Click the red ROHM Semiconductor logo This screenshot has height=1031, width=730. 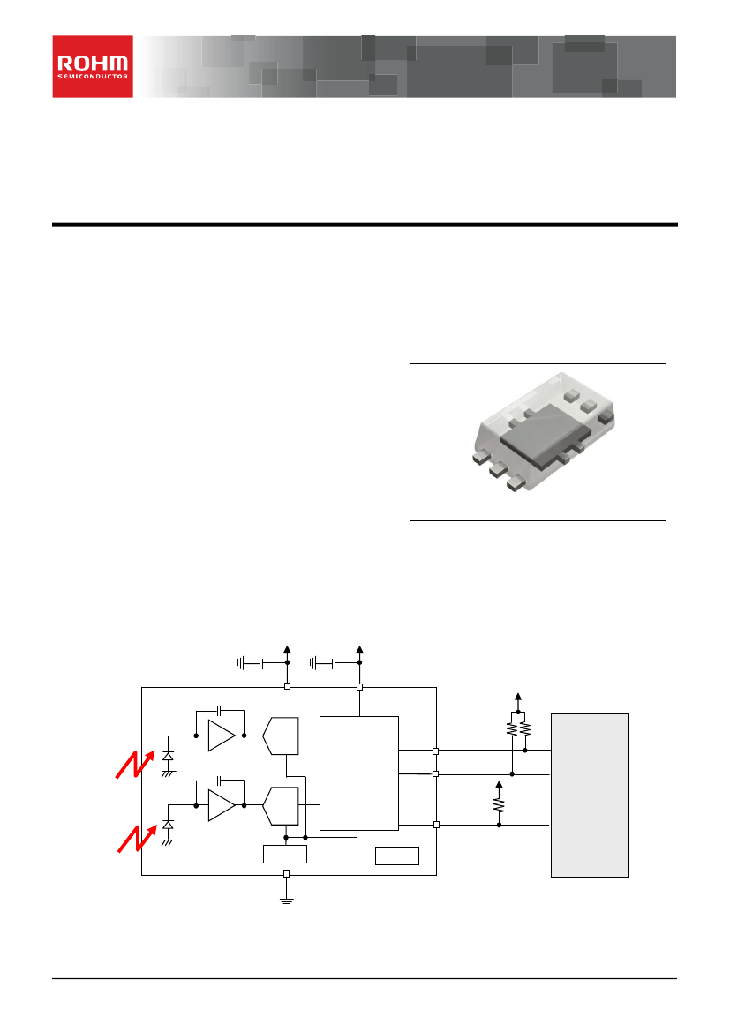coord(93,66)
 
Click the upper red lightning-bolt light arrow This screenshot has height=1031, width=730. coord(136,764)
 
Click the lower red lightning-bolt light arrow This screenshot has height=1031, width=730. coord(137,839)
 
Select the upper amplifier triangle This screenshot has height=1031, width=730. coord(222,736)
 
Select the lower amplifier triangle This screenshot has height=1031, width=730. coord(222,805)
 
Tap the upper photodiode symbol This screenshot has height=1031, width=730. coord(168,757)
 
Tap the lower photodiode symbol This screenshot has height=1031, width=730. coord(168,825)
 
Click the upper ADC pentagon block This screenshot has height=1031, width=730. coord(281,736)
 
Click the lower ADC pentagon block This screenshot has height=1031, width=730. coord(281,806)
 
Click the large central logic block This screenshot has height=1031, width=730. coord(358,773)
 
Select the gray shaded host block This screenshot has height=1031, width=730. coord(590,795)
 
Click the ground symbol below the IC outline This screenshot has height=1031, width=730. coord(286,900)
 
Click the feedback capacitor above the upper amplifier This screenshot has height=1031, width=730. coord(220,711)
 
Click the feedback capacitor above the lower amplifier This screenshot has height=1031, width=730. coord(220,781)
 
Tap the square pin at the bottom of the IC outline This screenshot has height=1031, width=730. coord(286,874)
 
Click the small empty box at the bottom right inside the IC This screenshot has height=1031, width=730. coord(397,855)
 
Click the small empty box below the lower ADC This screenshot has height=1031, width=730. coord(285,854)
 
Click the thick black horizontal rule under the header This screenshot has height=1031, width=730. coord(365,224)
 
